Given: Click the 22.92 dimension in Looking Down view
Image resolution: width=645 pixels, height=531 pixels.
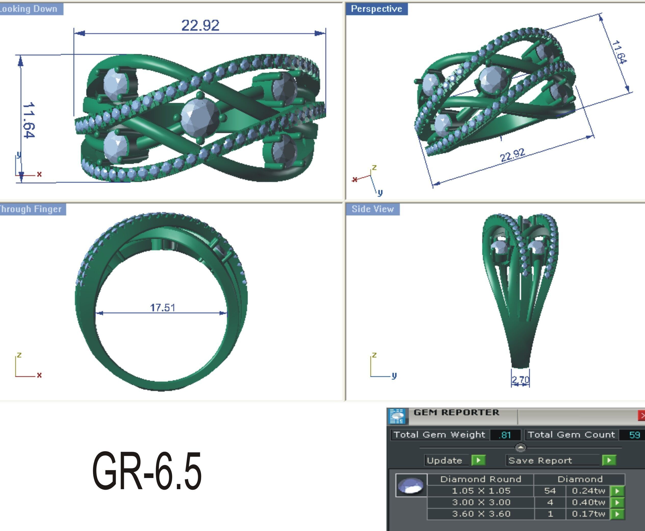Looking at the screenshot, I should [x=200, y=25].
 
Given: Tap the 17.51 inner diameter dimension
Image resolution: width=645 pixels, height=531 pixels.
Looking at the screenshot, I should [x=163, y=308].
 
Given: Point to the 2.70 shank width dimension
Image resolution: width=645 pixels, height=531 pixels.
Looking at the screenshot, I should [x=520, y=380].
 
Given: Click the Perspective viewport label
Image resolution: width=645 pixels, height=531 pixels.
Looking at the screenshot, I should [x=376, y=9].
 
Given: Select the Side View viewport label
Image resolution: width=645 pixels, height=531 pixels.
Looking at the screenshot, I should [x=372, y=209].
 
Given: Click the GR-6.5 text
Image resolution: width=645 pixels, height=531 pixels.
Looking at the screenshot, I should [x=147, y=471].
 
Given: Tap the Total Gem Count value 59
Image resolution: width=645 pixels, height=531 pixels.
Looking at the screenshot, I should [x=634, y=435].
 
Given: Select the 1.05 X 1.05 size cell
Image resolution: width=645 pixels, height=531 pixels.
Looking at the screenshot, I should [x=481, y=491].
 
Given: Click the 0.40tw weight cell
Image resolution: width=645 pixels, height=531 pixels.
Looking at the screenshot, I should [x=588, y=502].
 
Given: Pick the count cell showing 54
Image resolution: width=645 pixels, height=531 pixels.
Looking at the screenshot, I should [x=550, y=491].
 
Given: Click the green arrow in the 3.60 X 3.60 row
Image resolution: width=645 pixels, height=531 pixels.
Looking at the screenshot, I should [x=617, y=514].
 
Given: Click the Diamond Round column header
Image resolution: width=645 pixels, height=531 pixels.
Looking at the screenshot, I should [x=481, y=479].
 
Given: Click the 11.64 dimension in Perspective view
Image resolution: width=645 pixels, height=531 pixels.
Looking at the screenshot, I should [x=619, y=52].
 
